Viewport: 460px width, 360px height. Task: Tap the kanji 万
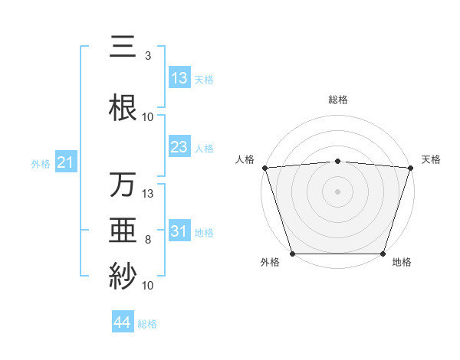click(123, 185)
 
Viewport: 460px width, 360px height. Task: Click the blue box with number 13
click(179, 78)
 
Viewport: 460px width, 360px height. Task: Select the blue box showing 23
click(179, 147)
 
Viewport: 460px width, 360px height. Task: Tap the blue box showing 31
click(179, 232)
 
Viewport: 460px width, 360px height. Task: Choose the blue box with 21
click(65, 162)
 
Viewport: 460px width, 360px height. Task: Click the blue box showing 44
click(123, 323)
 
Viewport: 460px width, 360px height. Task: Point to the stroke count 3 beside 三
click(148, 55)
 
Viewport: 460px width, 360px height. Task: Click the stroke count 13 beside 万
click(148, 193)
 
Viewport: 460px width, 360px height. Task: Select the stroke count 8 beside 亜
click(148, 241)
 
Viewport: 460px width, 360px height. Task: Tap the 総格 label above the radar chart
click(337, 100)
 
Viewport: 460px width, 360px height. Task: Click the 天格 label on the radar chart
click(432, 159)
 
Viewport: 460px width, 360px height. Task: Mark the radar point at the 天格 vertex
click(411, 167)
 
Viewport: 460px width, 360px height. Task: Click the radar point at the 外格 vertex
click(292, 254)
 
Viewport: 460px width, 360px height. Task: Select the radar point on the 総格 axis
click(337, 161)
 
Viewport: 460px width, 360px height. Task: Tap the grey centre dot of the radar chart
click(337, 191)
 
